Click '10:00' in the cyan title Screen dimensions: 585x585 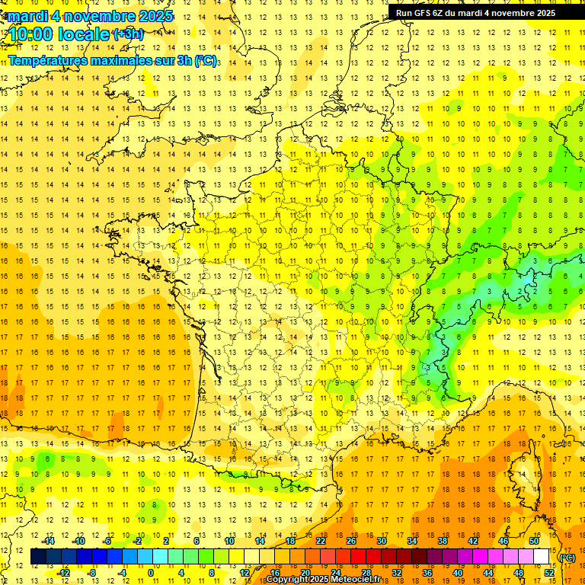pos(31,34)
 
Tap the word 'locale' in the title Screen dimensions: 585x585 pos(84,34)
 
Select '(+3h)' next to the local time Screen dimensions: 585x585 pos(127,34)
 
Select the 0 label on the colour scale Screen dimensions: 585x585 pos(151,573)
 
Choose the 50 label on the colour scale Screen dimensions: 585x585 pos(534,541)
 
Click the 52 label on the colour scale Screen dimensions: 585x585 pos(548,573)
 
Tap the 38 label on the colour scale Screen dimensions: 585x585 pos(443,541)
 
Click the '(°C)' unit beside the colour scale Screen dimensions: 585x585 pos(567,558)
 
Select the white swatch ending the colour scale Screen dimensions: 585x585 pos(541,557)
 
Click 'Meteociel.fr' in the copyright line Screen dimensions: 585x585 pos(363,580)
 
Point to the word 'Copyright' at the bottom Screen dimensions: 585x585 pos(286,580)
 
